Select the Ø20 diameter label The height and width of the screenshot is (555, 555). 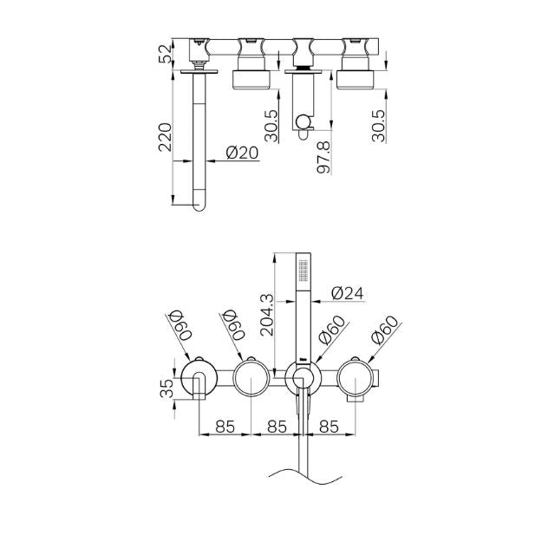242,152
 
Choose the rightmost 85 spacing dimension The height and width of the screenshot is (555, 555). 330,428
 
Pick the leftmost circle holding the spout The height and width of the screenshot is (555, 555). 198,379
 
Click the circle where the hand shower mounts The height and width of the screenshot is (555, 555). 302,379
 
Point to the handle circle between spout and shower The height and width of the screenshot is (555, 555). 251,379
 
